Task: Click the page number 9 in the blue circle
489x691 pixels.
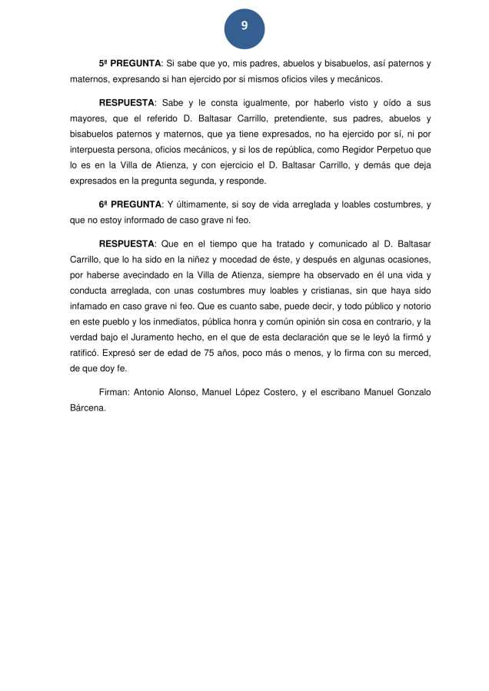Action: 244,27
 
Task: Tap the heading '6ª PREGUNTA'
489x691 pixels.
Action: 130,204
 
